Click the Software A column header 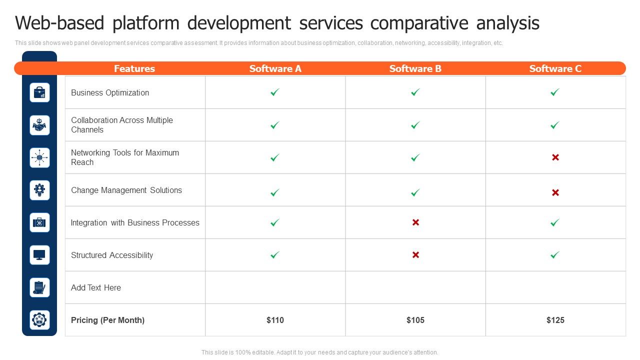pos(275,68)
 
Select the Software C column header pos(555,68)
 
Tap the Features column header pos(134,68)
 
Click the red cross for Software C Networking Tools pos(555,157)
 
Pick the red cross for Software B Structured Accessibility pos(415,255)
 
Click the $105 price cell pos(415,320)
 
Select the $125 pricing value pos(555,320)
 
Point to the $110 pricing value pos(275,320)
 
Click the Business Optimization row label pos(110,92)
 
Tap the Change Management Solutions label pos(126,190)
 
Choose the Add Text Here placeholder pos(96,287)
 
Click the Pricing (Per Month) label pos(107,320)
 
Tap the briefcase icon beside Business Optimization pos(39,92)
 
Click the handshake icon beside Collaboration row pos(39,125)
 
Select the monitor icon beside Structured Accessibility pos(39,255)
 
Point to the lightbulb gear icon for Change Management pos(39,190)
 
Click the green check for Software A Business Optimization pos(275,92)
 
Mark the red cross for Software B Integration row pos(415,222)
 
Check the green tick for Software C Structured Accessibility pos(555,255)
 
